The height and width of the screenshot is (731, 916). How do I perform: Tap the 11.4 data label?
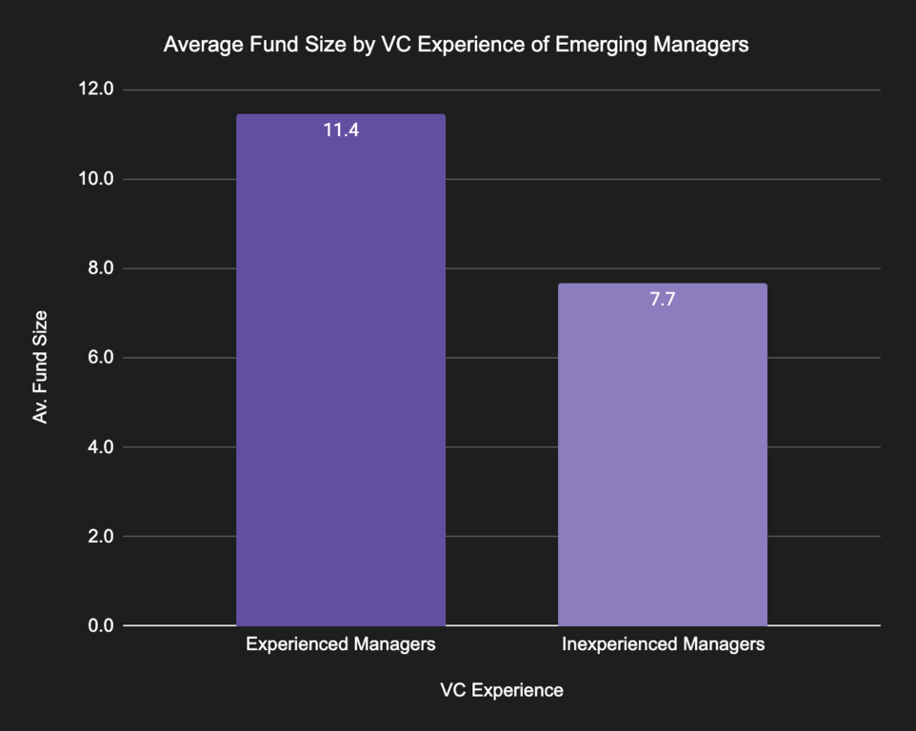pos(341,130)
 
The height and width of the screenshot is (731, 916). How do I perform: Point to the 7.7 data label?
pos(663,299)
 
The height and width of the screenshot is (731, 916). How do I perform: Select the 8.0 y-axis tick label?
pos(98,268)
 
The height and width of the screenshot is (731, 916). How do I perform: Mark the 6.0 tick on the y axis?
pos(98,358)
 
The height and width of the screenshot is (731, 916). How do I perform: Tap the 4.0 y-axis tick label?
pos(98,447)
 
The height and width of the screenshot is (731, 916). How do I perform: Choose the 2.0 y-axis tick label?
pos(98,537)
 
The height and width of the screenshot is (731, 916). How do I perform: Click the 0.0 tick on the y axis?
pos(98,625)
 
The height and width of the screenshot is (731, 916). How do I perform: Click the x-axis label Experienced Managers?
pos(340,644)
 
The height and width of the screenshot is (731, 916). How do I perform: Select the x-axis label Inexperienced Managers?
pos(663,644)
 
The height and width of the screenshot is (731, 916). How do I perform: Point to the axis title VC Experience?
pos(502,690)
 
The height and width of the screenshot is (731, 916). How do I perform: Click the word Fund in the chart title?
pos(264,45)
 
